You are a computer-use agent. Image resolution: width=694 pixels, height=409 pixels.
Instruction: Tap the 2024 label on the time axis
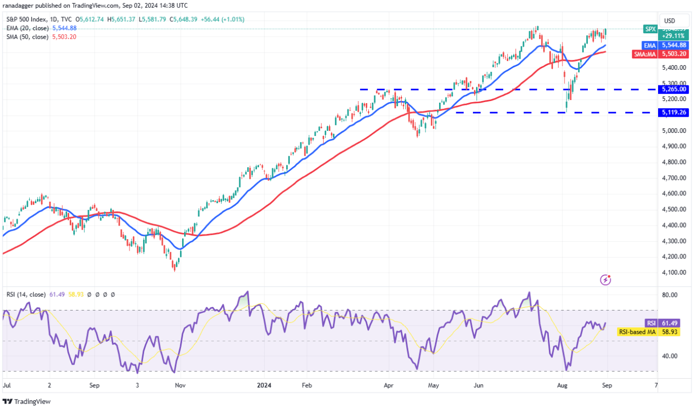click(264, 386)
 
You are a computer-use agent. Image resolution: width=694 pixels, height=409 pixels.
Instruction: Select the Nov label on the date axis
click(179, 386)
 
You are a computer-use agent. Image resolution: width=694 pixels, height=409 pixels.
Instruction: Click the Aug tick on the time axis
click(562, 386)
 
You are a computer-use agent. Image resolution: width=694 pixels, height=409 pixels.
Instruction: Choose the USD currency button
click(670, 21)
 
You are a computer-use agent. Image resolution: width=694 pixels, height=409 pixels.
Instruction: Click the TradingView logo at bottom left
click(27, 402)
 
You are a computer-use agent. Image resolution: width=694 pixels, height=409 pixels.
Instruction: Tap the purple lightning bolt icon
click(606, 280)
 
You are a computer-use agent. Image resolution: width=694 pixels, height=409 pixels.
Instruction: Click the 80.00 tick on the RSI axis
click(670, 295)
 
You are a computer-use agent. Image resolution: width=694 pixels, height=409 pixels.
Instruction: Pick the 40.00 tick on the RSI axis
click(670, 356)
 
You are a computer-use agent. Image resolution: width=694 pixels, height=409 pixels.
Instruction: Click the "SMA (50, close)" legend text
click(28, 37)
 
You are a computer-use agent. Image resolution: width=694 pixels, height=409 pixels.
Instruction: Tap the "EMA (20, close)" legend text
click(28, 28)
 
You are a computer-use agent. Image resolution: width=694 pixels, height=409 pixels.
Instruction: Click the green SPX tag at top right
click(650, 29)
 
